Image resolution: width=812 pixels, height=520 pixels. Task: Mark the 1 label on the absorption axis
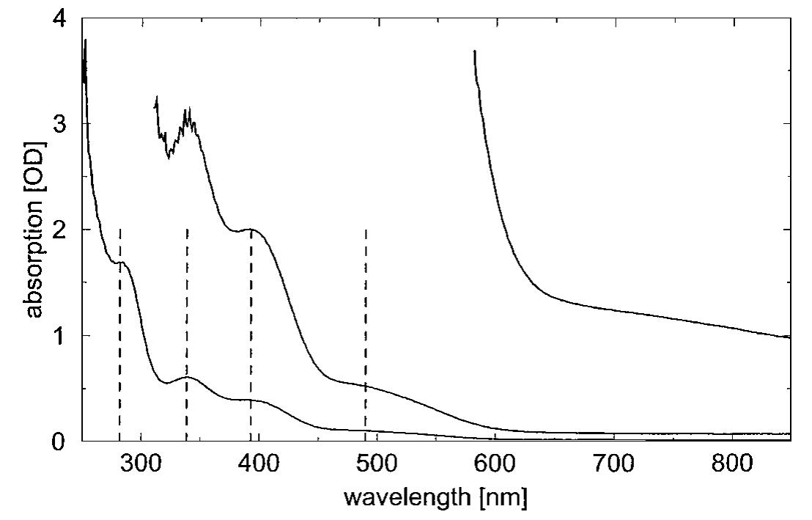(64, 336)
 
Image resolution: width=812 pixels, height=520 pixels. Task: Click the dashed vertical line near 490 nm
(365, 330)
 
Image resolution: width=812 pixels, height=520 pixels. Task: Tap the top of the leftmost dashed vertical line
(119, 230)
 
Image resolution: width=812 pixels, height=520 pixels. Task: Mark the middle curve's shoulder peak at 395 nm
(251, 230)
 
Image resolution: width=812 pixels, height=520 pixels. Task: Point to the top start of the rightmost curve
(475, 51)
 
